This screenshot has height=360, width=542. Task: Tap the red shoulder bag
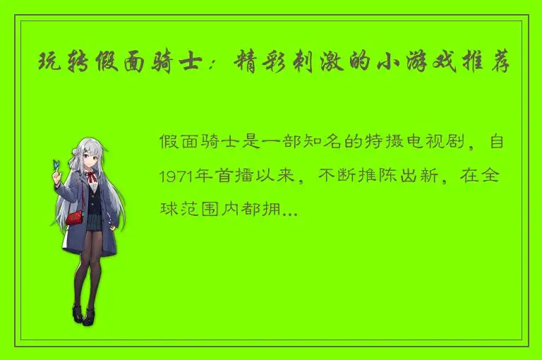point(76,216)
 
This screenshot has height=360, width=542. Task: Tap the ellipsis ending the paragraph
point(290,210)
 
